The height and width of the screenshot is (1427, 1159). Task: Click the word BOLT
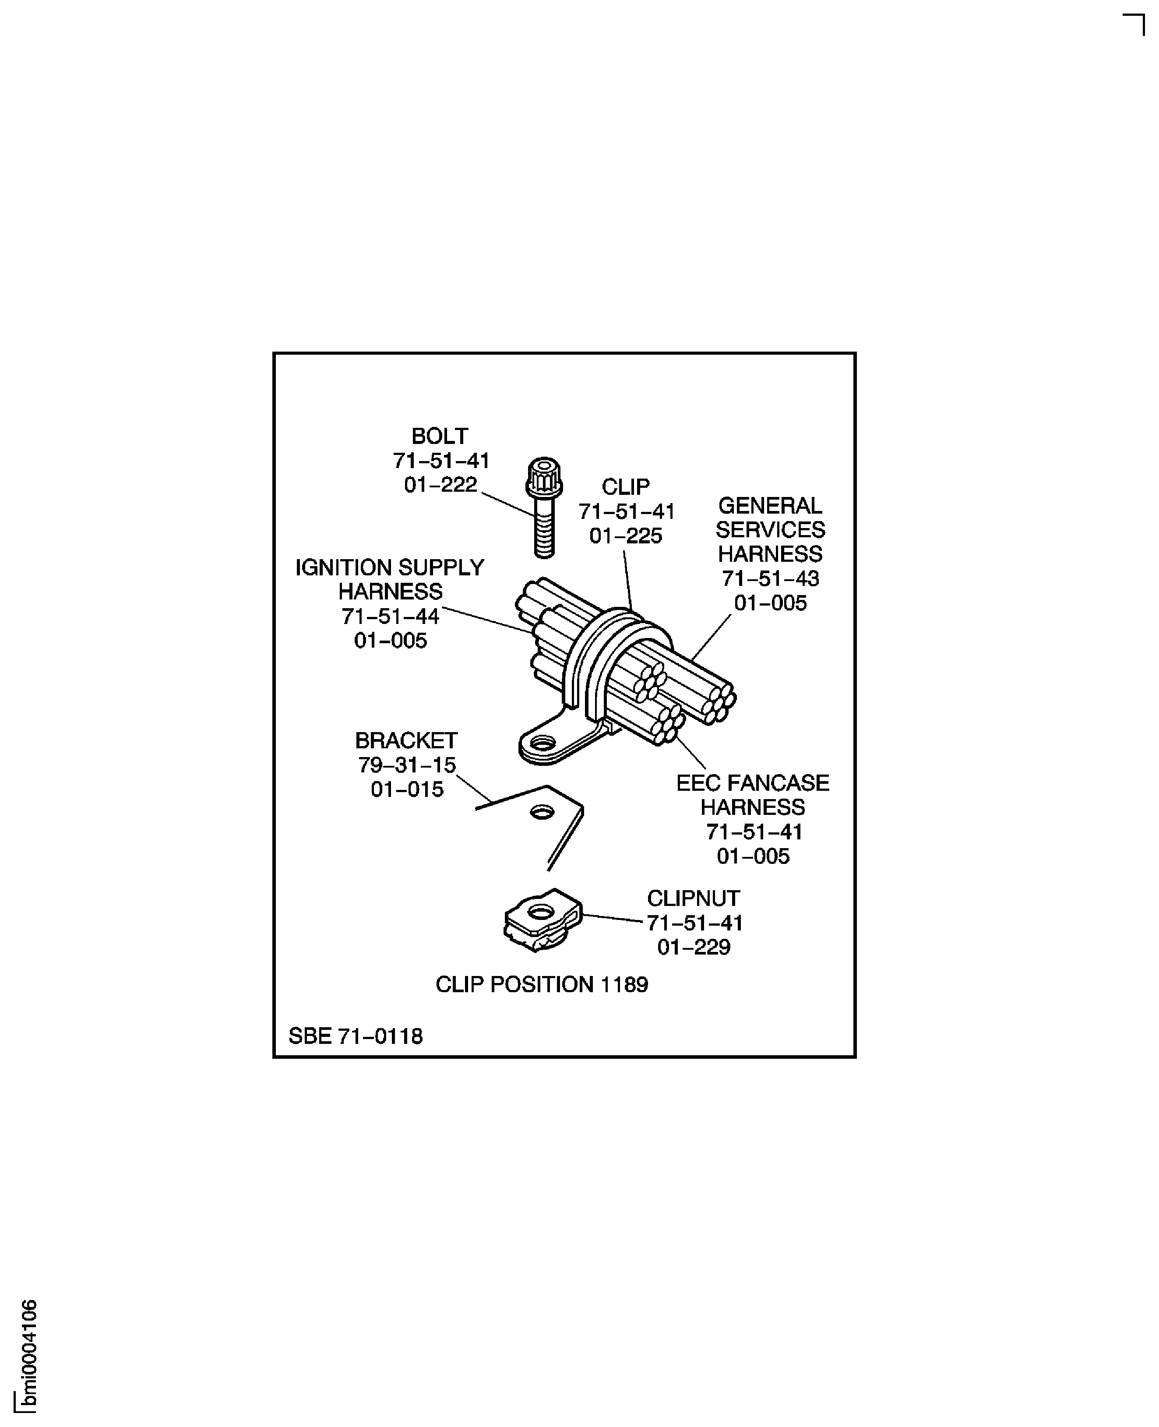(439, 437)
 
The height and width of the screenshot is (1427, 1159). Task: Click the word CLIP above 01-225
(626, 487)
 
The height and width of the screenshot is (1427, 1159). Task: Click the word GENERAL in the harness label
(770, 505)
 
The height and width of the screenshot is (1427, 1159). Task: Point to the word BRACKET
(406, 740)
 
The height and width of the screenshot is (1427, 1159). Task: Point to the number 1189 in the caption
(624, 985)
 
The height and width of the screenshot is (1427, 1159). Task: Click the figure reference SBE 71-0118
(355, 1036)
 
